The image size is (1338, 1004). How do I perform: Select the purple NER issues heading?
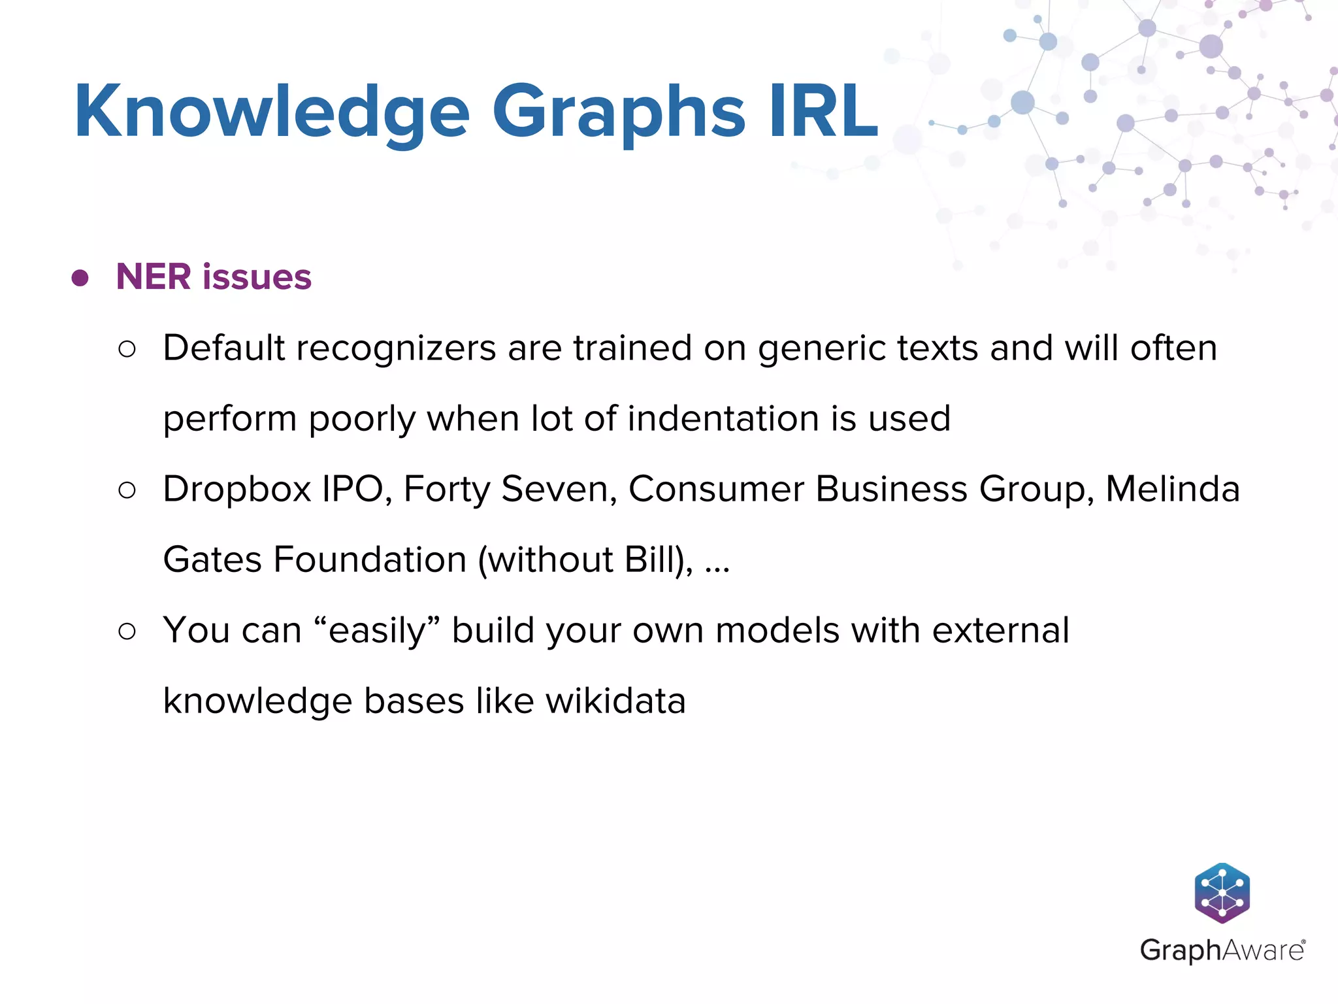pos(214,276)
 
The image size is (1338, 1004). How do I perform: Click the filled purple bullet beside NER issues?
pos(80,278)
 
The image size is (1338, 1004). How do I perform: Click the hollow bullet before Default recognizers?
pos(127,349)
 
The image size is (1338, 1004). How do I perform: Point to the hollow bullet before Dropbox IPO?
pos(127,490)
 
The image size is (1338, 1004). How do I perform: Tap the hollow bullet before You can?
pos(127,631)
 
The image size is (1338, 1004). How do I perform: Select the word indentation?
pos(723,418)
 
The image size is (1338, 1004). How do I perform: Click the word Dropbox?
pos(237,489)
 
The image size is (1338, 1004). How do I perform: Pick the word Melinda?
pos(1172,489)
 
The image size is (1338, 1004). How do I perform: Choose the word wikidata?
pos(615,701)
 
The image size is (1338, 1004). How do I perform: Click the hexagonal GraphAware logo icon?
pos(1222,893)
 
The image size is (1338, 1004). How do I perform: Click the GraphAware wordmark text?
pos(1222,950)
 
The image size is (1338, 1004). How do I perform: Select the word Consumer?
pos(716,489)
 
